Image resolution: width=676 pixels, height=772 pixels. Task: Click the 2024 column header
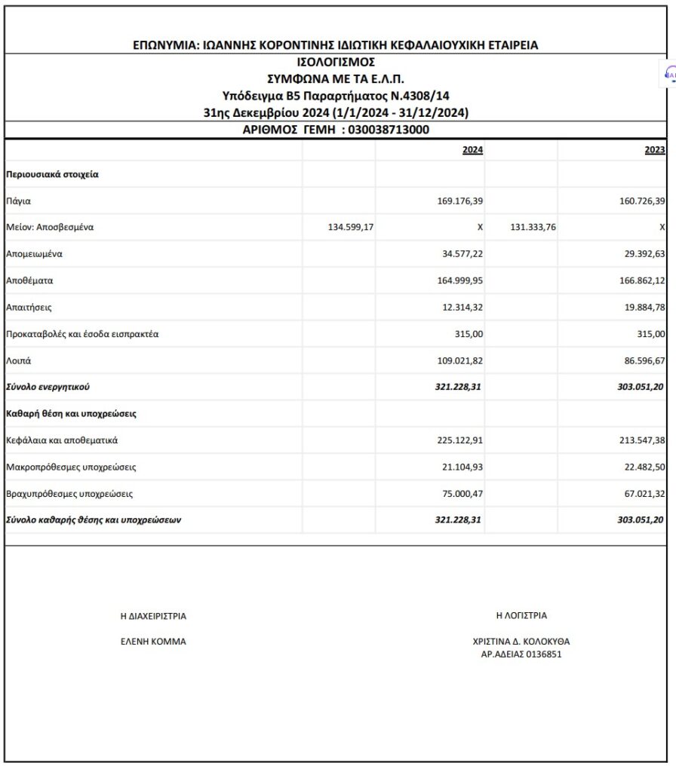[472, 150]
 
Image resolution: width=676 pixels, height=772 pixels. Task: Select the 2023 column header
[655, 150]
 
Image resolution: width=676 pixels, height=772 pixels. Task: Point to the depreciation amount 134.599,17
[347, 227]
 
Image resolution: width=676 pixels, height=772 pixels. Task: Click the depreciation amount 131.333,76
[533, 227]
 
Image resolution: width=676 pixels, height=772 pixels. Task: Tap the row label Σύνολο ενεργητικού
[48, 387]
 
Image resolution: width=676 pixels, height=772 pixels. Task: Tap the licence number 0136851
[540, 654]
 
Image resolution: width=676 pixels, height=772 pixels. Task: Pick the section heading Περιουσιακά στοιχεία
[53, 174]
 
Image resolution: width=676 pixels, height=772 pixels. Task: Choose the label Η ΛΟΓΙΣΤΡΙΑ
[521, 615]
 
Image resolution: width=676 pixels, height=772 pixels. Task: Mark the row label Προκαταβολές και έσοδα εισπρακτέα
[82, 333]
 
